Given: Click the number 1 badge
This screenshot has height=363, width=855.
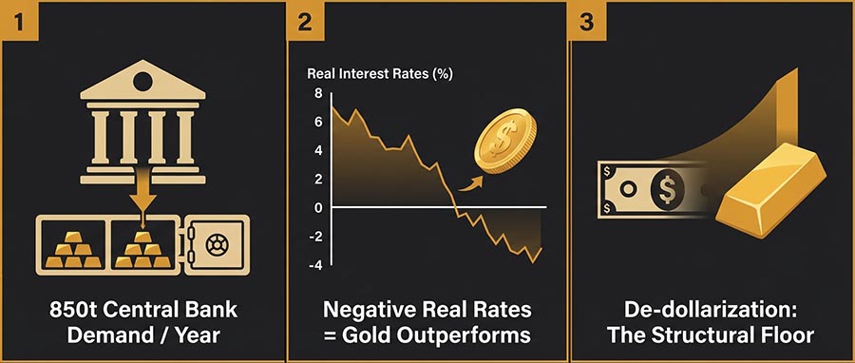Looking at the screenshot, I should tap(17, 21).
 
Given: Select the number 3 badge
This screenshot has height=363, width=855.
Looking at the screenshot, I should tap(586, 21).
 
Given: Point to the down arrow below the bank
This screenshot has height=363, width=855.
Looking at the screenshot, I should tap(143, 200).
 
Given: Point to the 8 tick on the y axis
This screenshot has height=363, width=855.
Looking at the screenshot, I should tap(319, 93).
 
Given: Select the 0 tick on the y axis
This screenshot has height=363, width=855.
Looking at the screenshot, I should tap(319, 207).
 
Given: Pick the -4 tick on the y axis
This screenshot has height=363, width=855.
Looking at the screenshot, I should tap(315, 265).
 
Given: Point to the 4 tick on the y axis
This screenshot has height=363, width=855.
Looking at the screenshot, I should tap(319, 150).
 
